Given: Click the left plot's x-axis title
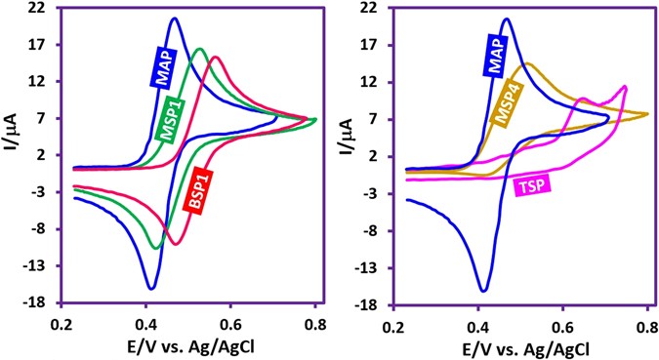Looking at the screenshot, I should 189,347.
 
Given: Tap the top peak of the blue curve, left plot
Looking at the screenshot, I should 174,19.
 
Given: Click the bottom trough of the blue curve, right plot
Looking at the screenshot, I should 483,291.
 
